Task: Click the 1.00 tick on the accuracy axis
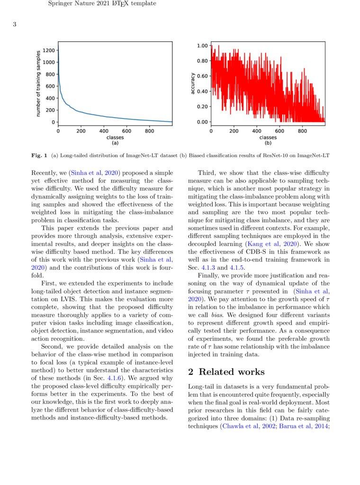click(202, 46)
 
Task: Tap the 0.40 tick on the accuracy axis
click(202, 91)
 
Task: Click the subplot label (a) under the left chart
click(115, 142)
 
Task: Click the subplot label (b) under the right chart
click(268, 142)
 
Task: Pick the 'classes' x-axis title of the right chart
click(268, 137)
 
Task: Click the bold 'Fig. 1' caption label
click(39, 155)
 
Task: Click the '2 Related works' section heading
click(226, 371)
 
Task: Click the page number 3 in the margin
click(15, 25)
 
